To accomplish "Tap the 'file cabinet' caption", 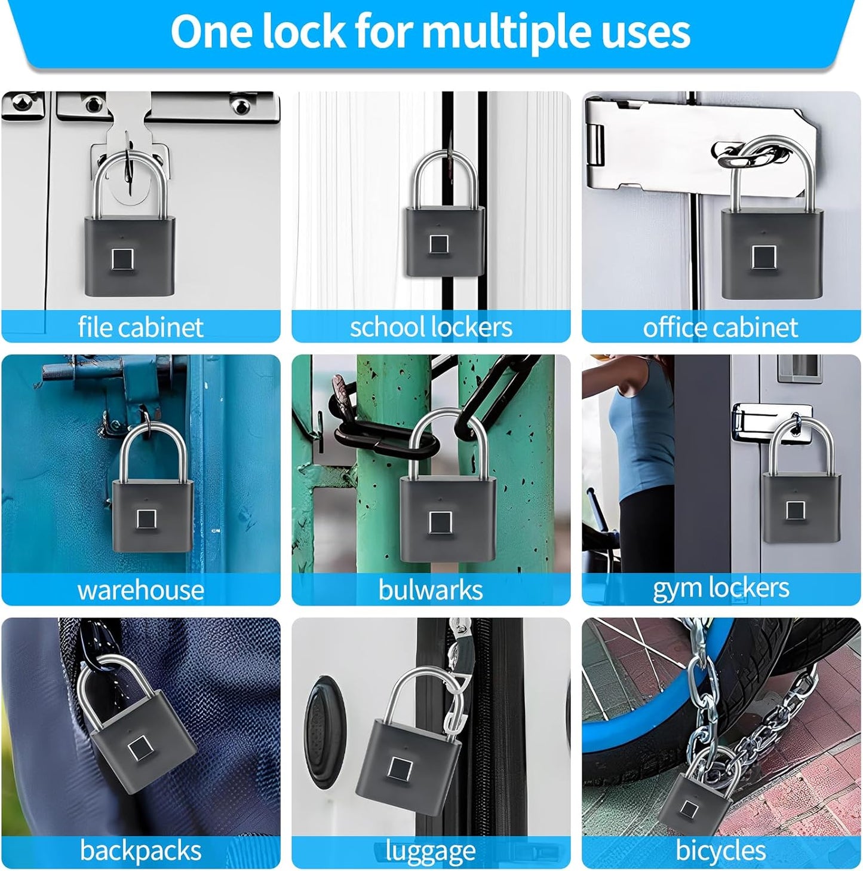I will pos(140,327).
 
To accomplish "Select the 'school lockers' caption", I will pos(431,327).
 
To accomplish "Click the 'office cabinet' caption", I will pos(720,327).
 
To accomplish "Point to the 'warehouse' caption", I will pos(140,590).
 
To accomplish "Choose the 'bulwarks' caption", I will pos(431,590).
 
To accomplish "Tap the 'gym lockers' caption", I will pos(721,588).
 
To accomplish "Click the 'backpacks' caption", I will pos(140,851).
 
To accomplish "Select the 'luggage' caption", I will pos(431,851).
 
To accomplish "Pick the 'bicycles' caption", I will pos(720,851).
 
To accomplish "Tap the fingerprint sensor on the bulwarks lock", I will pos(440,522).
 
